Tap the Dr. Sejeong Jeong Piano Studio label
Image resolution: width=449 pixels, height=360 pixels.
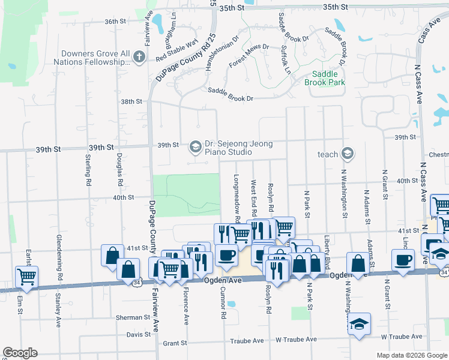point(238,148)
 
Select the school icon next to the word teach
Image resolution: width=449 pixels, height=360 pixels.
point(347,154)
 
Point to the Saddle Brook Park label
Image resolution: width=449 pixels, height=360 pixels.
point(325,78)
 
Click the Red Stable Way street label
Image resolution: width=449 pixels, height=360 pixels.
point(176,51)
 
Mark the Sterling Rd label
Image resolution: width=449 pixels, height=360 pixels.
point(88,170)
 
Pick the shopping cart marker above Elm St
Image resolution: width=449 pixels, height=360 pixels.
point(26,276)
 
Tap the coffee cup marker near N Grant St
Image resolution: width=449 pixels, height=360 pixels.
point(403,260)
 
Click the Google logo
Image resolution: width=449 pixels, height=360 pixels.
point(20,353)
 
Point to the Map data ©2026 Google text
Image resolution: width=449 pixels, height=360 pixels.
point(411,355)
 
